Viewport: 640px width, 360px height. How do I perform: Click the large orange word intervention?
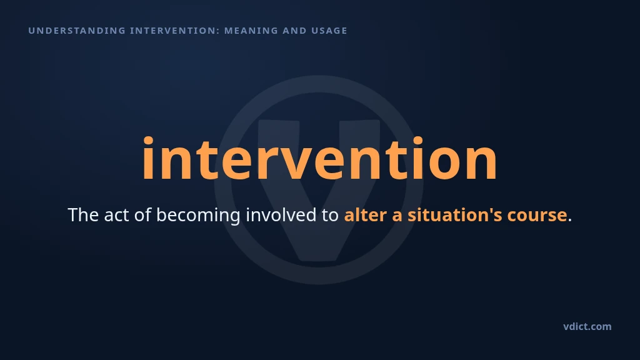tap(319, 158)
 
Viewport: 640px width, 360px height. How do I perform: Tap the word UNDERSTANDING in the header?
tap(77, 31)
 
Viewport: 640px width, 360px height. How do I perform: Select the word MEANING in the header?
tap(251, 31)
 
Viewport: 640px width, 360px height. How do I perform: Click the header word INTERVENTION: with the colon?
tap(175, 31)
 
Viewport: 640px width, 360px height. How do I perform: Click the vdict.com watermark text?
tap(587, 326)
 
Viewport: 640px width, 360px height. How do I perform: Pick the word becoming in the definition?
tap(198, 216)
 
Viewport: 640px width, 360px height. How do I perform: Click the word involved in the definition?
tap(281, 215)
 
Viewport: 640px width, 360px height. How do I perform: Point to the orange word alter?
tap(365, 215)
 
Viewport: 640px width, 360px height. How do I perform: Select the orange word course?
tap(537, 216)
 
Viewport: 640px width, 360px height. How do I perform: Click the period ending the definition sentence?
tap(570, 220)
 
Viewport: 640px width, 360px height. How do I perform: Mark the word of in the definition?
tap(142, 215)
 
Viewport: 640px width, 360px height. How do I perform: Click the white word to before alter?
tap(330, 216)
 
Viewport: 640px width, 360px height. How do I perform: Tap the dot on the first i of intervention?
tap(147, 141)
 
